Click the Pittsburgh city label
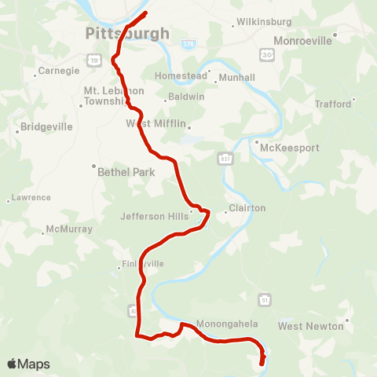coord(127,34)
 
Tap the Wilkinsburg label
coord(264,22)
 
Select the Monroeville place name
coord(302,39)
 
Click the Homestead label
coord(181,76)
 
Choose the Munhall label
coord(238,78)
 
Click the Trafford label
coord(333,103)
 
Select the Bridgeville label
coord(46,126)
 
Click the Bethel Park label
coord(126,172)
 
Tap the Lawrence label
coord(31,198)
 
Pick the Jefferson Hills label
coord(154,216)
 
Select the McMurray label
coord(69,229)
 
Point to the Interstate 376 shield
coord(186,44)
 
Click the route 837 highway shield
coord(225,159)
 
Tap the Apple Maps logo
coord(28,364)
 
